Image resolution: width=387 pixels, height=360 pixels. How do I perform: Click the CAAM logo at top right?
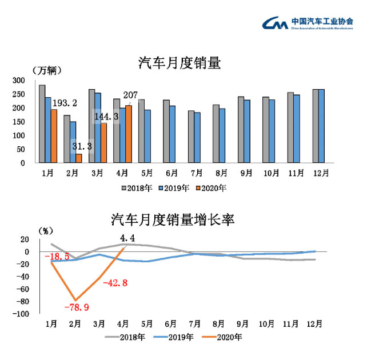307,23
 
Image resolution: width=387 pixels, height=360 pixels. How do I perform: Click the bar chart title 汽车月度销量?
179,63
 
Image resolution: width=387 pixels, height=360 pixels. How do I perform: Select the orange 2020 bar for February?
78,158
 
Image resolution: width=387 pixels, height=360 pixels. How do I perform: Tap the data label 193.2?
65,103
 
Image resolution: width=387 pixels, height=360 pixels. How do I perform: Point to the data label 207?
131,94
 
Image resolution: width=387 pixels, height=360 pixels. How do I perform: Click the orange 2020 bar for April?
129,134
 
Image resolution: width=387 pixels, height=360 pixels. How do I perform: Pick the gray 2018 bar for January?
42,123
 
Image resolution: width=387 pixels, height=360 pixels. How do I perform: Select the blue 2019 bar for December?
321,126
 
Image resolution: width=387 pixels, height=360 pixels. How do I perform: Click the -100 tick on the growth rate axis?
20,314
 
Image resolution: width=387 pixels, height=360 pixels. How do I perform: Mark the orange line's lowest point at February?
75,300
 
